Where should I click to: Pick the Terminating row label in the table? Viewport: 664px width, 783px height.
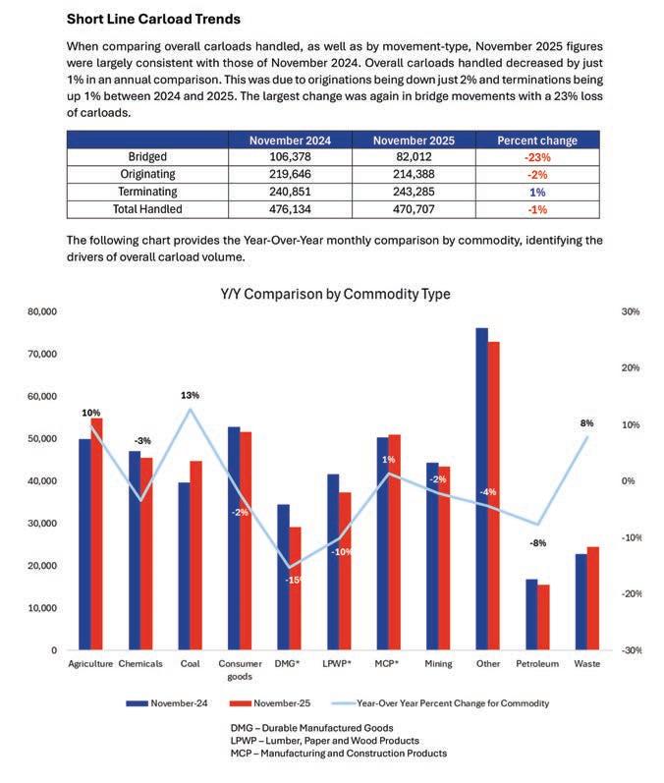[146, 192]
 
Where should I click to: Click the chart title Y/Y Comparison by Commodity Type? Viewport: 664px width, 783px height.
[335, 294]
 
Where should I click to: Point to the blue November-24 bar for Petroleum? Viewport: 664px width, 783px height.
[531, 614]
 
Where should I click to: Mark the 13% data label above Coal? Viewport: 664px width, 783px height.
[190, 395]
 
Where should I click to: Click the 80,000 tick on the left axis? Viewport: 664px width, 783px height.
[41, 311]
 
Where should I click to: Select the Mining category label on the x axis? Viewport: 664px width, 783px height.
[439, 664]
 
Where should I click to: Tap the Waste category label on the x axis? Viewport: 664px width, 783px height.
[586, 664]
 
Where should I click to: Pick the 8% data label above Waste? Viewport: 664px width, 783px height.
[587, 423]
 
